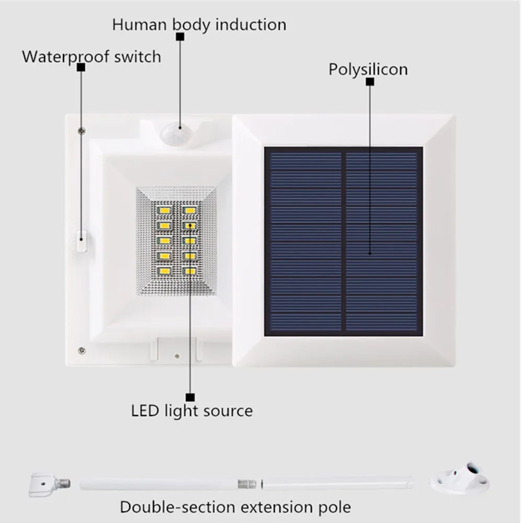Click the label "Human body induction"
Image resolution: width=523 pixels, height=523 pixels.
[x=199, y=25]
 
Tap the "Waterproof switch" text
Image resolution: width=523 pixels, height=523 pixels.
[x=92, y=56]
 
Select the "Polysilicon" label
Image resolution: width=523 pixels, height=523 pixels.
[x=368, y=69]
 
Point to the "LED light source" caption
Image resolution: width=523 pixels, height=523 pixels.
[x=192, y=411]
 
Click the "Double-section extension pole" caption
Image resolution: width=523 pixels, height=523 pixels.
[x=235, y=506]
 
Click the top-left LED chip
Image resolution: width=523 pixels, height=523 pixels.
[x=164, y=210]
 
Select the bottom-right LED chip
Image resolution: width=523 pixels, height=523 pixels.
[x=189, y=271]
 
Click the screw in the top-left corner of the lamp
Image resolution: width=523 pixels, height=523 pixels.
[x=81, y=130]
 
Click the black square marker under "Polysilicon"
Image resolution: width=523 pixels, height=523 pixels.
[x=370, y=82]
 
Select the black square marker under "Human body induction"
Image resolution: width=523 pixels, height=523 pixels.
[x=180, y=37]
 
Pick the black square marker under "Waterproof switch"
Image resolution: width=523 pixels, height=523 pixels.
[x=81, y=67]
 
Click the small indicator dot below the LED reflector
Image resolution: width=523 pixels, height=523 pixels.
[x=177, y=356]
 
